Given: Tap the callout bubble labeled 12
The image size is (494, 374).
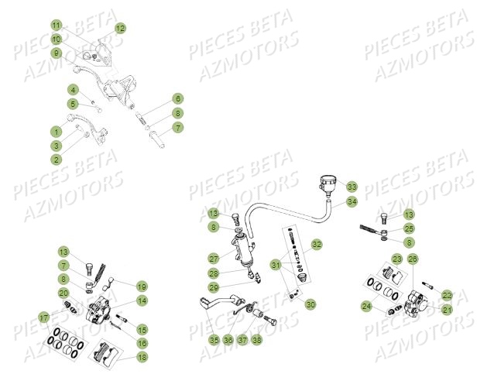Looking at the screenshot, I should (120, 29).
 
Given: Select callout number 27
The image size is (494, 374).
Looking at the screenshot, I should (213, 258).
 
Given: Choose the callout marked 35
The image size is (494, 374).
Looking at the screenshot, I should (214, 339).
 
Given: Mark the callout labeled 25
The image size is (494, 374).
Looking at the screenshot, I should (409, 228).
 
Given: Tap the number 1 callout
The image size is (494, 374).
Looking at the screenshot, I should (57, 131).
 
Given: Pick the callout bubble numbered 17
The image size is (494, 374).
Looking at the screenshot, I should (44, 317).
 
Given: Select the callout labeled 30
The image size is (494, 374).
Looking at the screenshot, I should (310, 305).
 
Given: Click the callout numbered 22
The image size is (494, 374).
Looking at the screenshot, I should (447, 295).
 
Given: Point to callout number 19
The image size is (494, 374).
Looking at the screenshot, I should (142, 286).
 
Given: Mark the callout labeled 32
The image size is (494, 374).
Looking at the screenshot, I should (316, 244).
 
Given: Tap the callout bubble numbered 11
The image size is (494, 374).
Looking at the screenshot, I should (57, 26).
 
